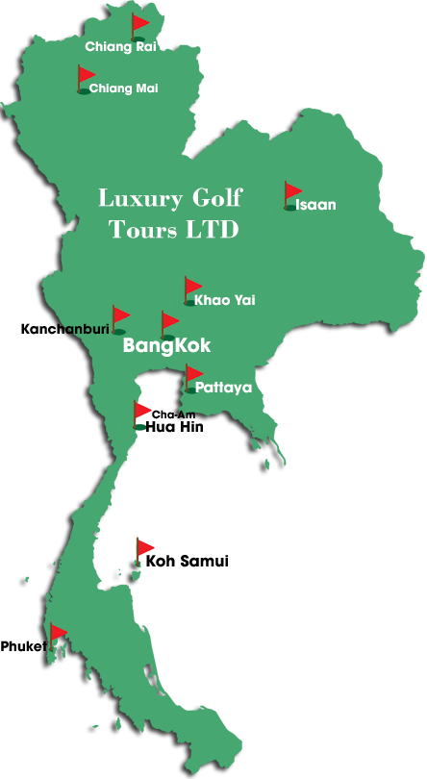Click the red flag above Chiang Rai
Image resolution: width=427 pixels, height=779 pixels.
(x=140, y=24)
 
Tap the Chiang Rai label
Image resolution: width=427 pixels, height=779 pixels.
(x=120, y=46)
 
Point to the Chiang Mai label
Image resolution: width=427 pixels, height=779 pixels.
(x=123, y=88)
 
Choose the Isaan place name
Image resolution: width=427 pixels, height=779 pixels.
(x=315, y=205)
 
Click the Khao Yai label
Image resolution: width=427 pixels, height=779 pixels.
(x=224, y=301)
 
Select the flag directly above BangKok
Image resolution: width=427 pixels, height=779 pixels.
(x=169, y=322)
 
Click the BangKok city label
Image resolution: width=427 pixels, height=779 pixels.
(x=166, y=346)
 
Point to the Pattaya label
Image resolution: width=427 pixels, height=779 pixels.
(x=223, y=388)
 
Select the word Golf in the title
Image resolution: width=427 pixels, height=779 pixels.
(x=215, y=199)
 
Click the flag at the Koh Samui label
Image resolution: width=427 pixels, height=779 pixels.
(x=145, y=548)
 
